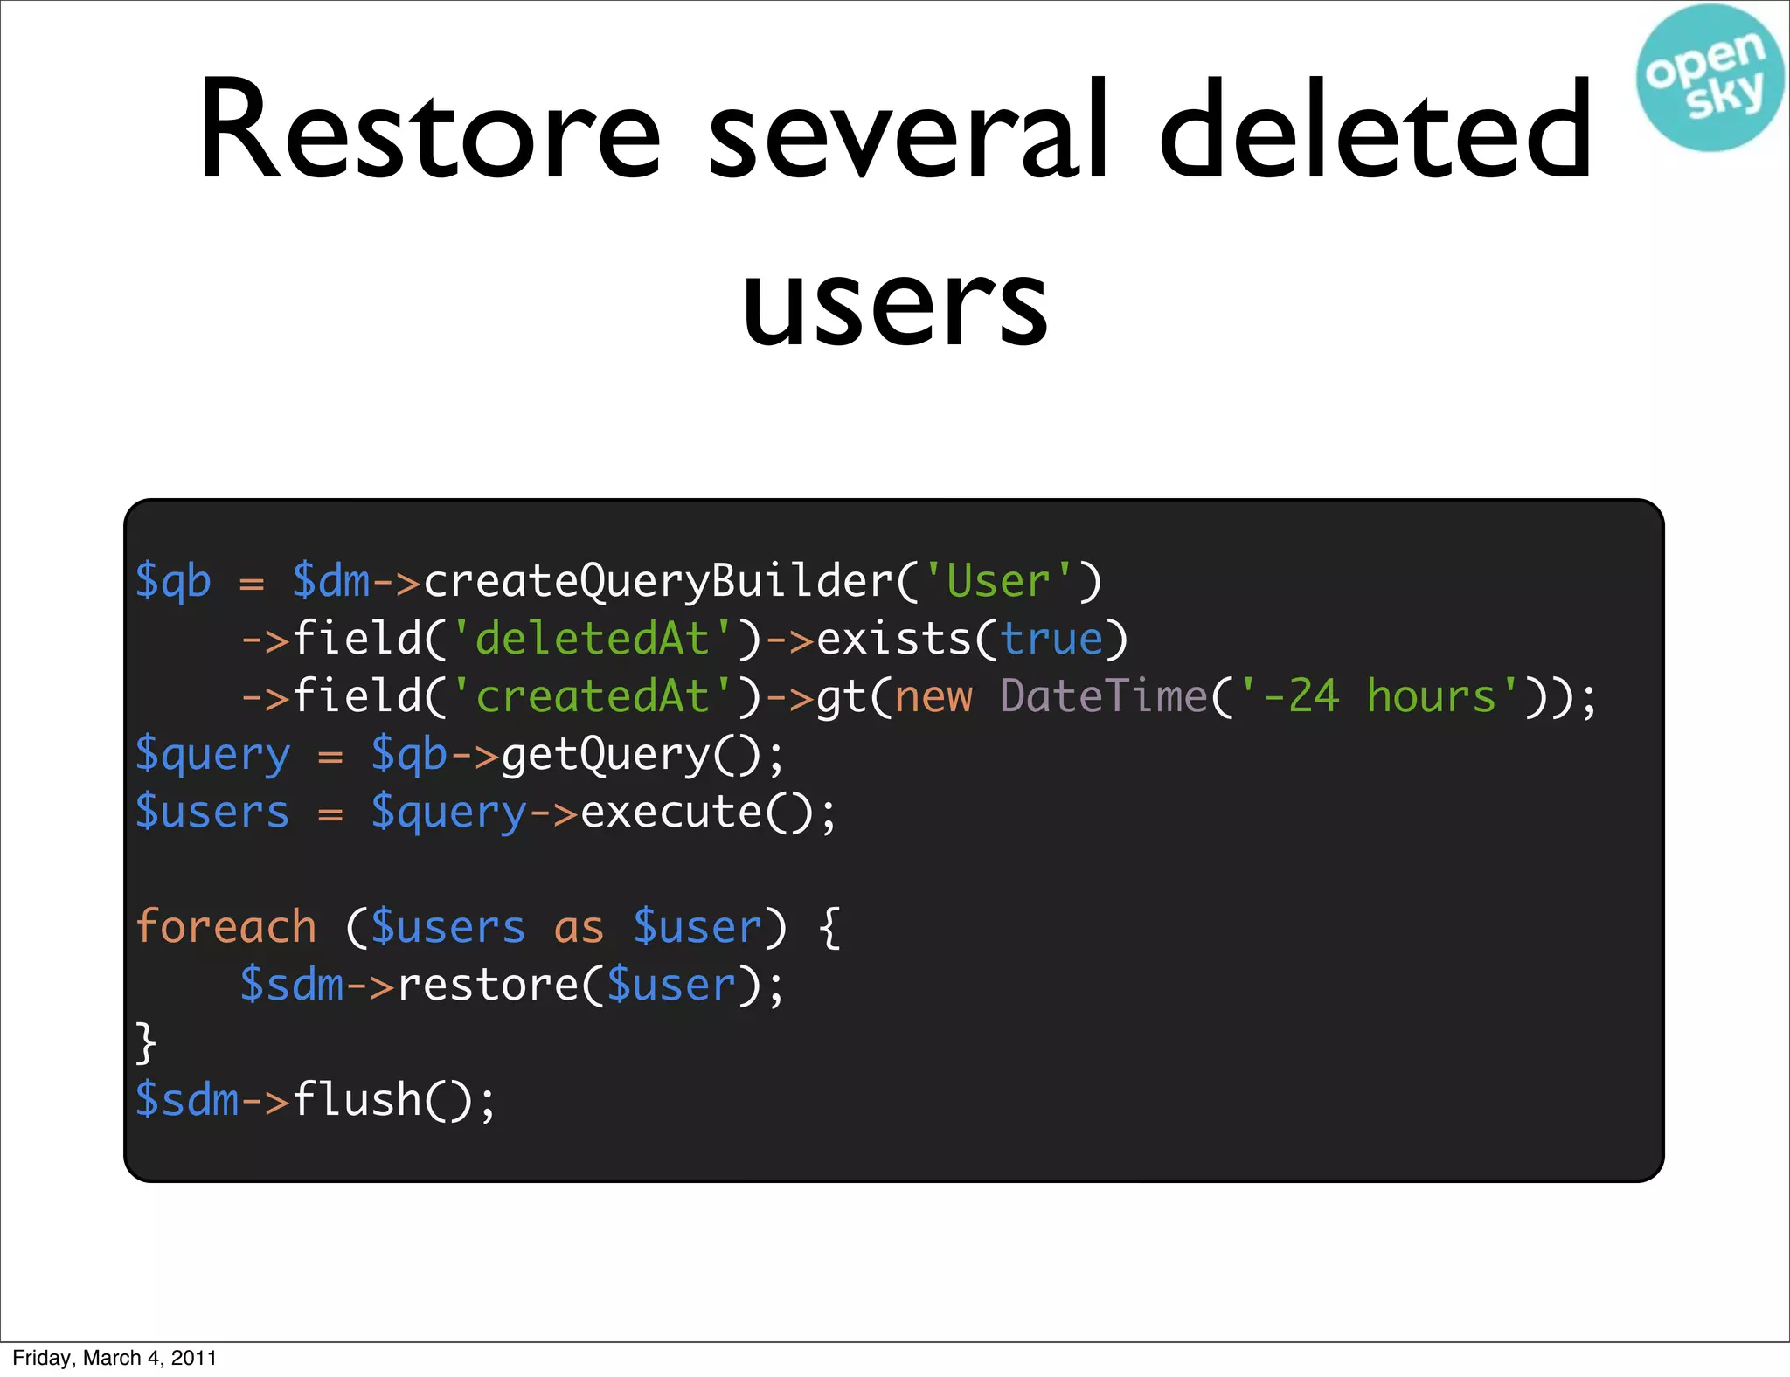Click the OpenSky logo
1709,77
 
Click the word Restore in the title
429,131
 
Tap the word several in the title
909,131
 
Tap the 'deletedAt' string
592,639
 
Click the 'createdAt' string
592,696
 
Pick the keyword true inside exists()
1051,639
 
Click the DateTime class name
1104,696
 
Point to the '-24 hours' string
1378,696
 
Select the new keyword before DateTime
933,696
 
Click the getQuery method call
606,754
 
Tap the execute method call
671,812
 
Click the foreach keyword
226,926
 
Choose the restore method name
488,985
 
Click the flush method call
357,1099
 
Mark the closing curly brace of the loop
146,1042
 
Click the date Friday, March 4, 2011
114,1358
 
